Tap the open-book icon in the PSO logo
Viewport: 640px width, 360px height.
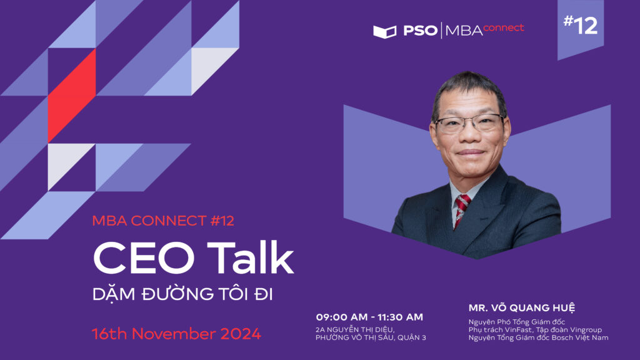[x=384, y=32]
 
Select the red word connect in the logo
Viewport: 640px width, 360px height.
[x=503, y=27]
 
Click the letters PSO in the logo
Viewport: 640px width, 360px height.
[x=420, y=31]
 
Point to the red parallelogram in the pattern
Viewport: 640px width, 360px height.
[x=72, y=96]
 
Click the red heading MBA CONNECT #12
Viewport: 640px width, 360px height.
[x=163, y=221]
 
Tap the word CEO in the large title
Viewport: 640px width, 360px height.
[x=144, y=258]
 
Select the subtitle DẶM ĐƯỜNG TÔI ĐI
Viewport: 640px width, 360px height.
[x=182, y=294]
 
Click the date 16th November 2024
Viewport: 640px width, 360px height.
[x=176, y=334]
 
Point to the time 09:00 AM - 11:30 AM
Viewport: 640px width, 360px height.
[x=369, y=317]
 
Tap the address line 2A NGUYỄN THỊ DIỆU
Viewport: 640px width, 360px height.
[x=355, y=330]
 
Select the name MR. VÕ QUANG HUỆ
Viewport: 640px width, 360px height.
[x=522, y=307]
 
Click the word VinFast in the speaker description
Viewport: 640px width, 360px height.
[x=517, y=330]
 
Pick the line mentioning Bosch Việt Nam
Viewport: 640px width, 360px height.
[x=538, y=337]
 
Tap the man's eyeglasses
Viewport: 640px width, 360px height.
[x=469, y=124]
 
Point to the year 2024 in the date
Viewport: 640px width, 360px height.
[x=241, y=334]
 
